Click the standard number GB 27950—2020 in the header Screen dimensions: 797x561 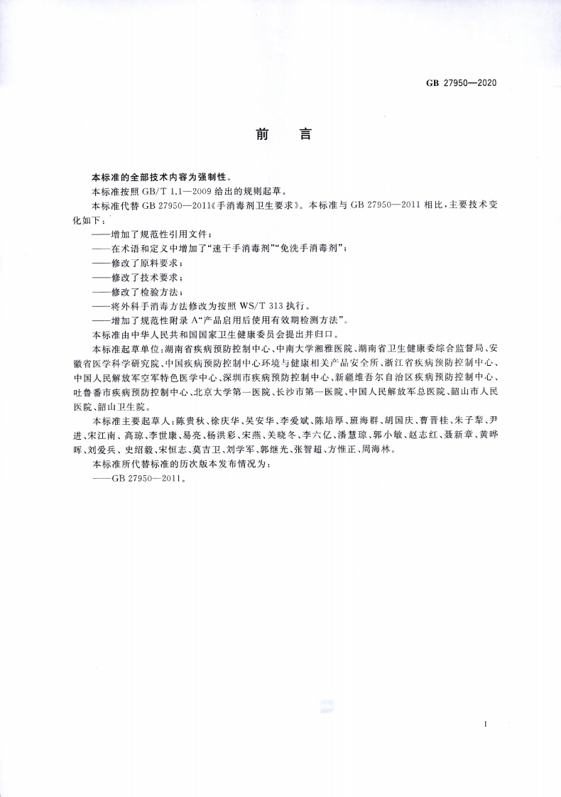[460, 83]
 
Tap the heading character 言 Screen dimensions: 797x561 [307, 134]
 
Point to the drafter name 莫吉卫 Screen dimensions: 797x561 [222, 450]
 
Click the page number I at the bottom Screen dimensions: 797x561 [484, 725]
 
